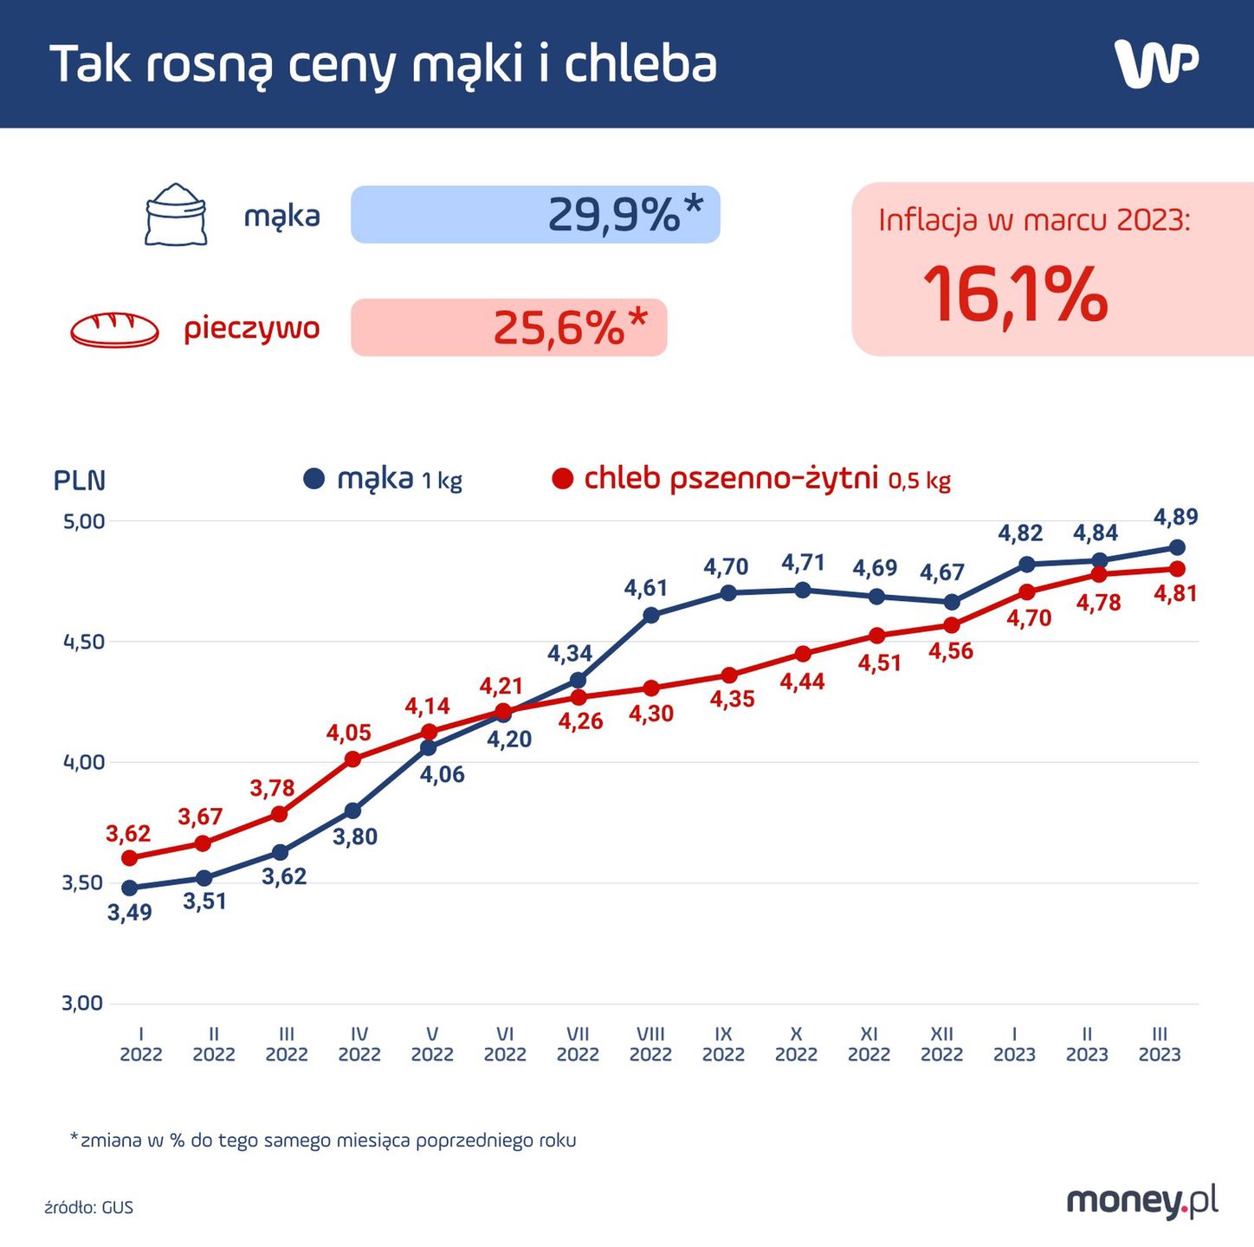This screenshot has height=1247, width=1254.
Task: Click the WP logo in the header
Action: [x=1156, y=64]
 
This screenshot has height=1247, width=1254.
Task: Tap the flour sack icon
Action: [x=176, y=215]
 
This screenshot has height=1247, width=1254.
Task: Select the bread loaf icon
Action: [x=114, y=330]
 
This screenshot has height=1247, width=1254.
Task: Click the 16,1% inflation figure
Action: [x=1015, y=295]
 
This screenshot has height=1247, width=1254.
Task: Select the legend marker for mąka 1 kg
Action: [x=313, y=479]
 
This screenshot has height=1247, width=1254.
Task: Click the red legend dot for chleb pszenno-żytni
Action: [x=563, y=479]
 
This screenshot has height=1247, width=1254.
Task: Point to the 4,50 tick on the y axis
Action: [x=84, y=643]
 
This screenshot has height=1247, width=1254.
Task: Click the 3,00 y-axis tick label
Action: [x=82, y=1004]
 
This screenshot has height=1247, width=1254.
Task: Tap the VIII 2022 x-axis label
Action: [x=650, y=1044]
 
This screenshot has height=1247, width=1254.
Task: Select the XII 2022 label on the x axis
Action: [x=941, y=1044]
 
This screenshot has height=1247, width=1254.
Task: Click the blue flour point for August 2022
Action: [x=651, y=616]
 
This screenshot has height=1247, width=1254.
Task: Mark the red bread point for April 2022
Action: [x=352, y=759]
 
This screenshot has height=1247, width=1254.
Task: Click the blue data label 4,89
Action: [x=1175, y=518]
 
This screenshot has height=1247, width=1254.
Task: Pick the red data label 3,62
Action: [x=128, y=834]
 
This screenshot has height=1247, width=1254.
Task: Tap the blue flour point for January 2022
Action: [x=130, y=888]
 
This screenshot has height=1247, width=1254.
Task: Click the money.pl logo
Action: [x=1142, y=1201]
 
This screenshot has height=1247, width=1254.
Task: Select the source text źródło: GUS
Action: [x=89, y=1207]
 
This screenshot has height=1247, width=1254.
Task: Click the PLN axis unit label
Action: [x=80, y=481]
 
